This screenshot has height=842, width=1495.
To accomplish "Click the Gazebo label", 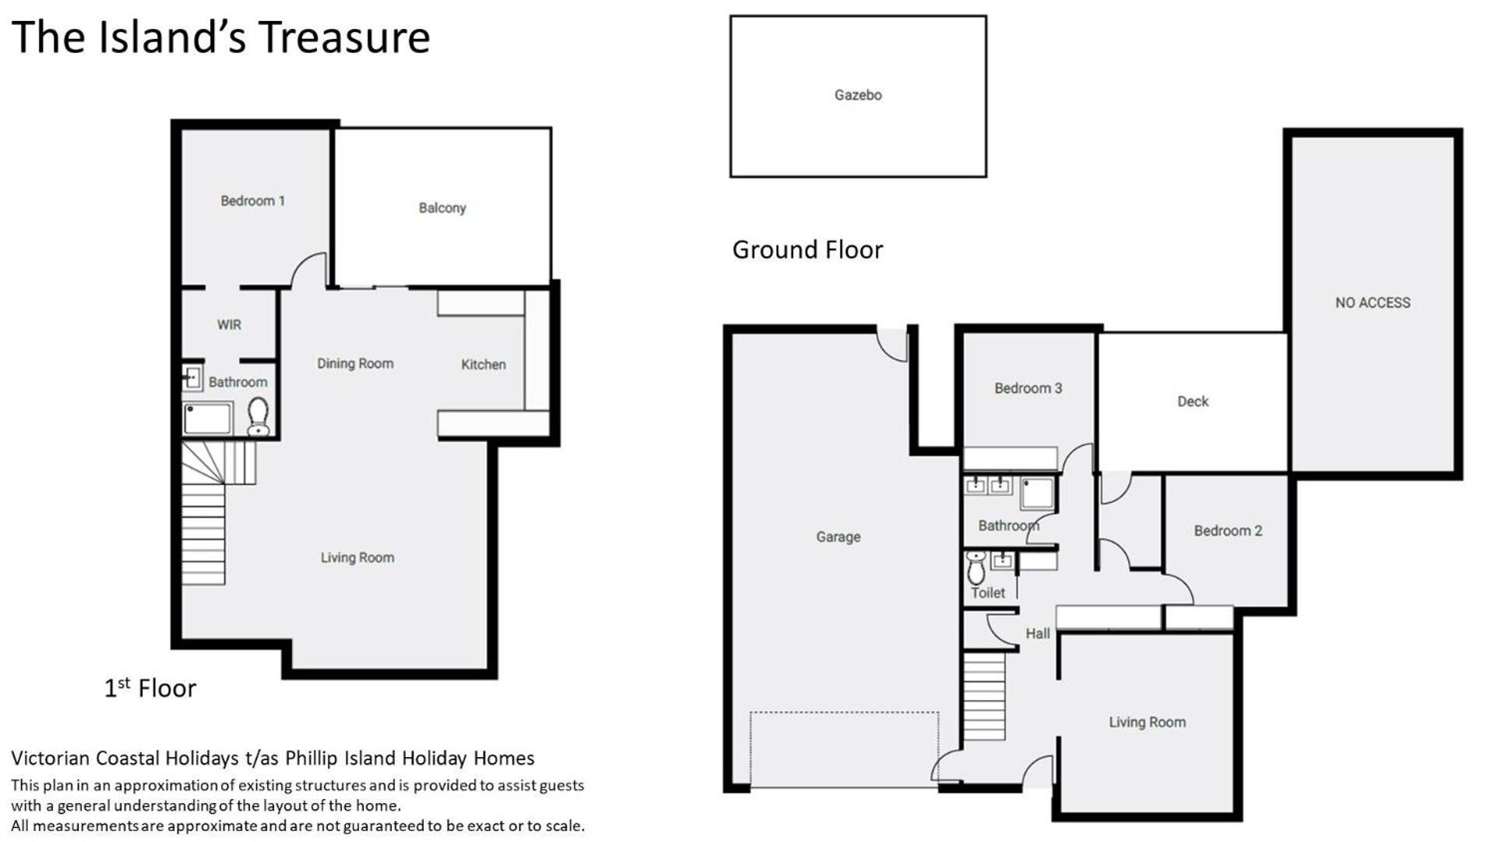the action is click(x=858, y=95).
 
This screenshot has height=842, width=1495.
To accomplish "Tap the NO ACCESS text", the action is click(x=1373, y=302).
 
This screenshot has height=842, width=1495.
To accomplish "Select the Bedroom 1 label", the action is click(x=252, y=201).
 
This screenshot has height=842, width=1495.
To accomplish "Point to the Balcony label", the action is click(x=442, y=208).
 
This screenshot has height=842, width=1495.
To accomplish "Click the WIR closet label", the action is click(x=229, y=324).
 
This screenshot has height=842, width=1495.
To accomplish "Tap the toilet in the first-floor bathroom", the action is click(x=258, y=416).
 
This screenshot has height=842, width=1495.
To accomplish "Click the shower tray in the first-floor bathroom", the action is click(x=208, y=419).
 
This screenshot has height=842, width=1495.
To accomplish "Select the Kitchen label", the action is click(x=483, y=364).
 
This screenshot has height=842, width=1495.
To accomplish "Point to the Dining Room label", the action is click(x=355, y=363).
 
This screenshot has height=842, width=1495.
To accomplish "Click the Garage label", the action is click(x=838, y=537).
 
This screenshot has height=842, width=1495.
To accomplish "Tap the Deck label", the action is click(x=1193, y=402).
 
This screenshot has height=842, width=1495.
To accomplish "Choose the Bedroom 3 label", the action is click(x=1028, y=388).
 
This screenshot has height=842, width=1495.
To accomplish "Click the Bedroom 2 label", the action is click(x=1228, y=531).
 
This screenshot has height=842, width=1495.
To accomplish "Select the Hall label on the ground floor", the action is click(x=1038, y=634).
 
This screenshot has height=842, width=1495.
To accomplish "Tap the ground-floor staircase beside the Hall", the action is click(x=985, y=696).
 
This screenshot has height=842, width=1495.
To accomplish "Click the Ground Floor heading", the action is click(x=808, y=249).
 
